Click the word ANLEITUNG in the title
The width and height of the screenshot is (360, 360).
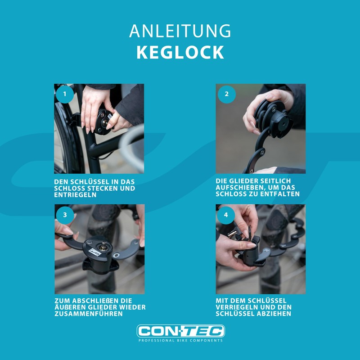coord(180,31)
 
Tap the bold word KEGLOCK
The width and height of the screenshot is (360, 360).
coord(180,52)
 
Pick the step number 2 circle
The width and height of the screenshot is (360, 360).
coord(226,94)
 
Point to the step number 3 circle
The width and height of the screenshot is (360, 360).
coord(65,215)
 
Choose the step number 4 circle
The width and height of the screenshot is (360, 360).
coord(226,215)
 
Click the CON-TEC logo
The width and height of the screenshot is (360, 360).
coord(180,331)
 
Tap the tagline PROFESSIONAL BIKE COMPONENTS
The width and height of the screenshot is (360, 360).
coord(180,341)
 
